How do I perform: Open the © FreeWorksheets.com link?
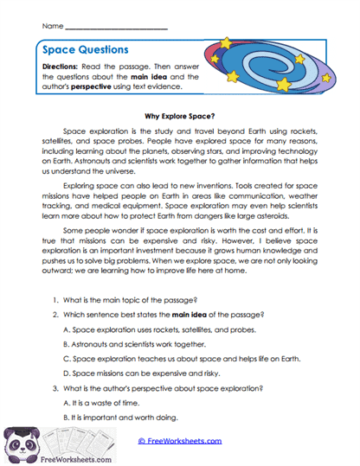click(180, 440)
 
